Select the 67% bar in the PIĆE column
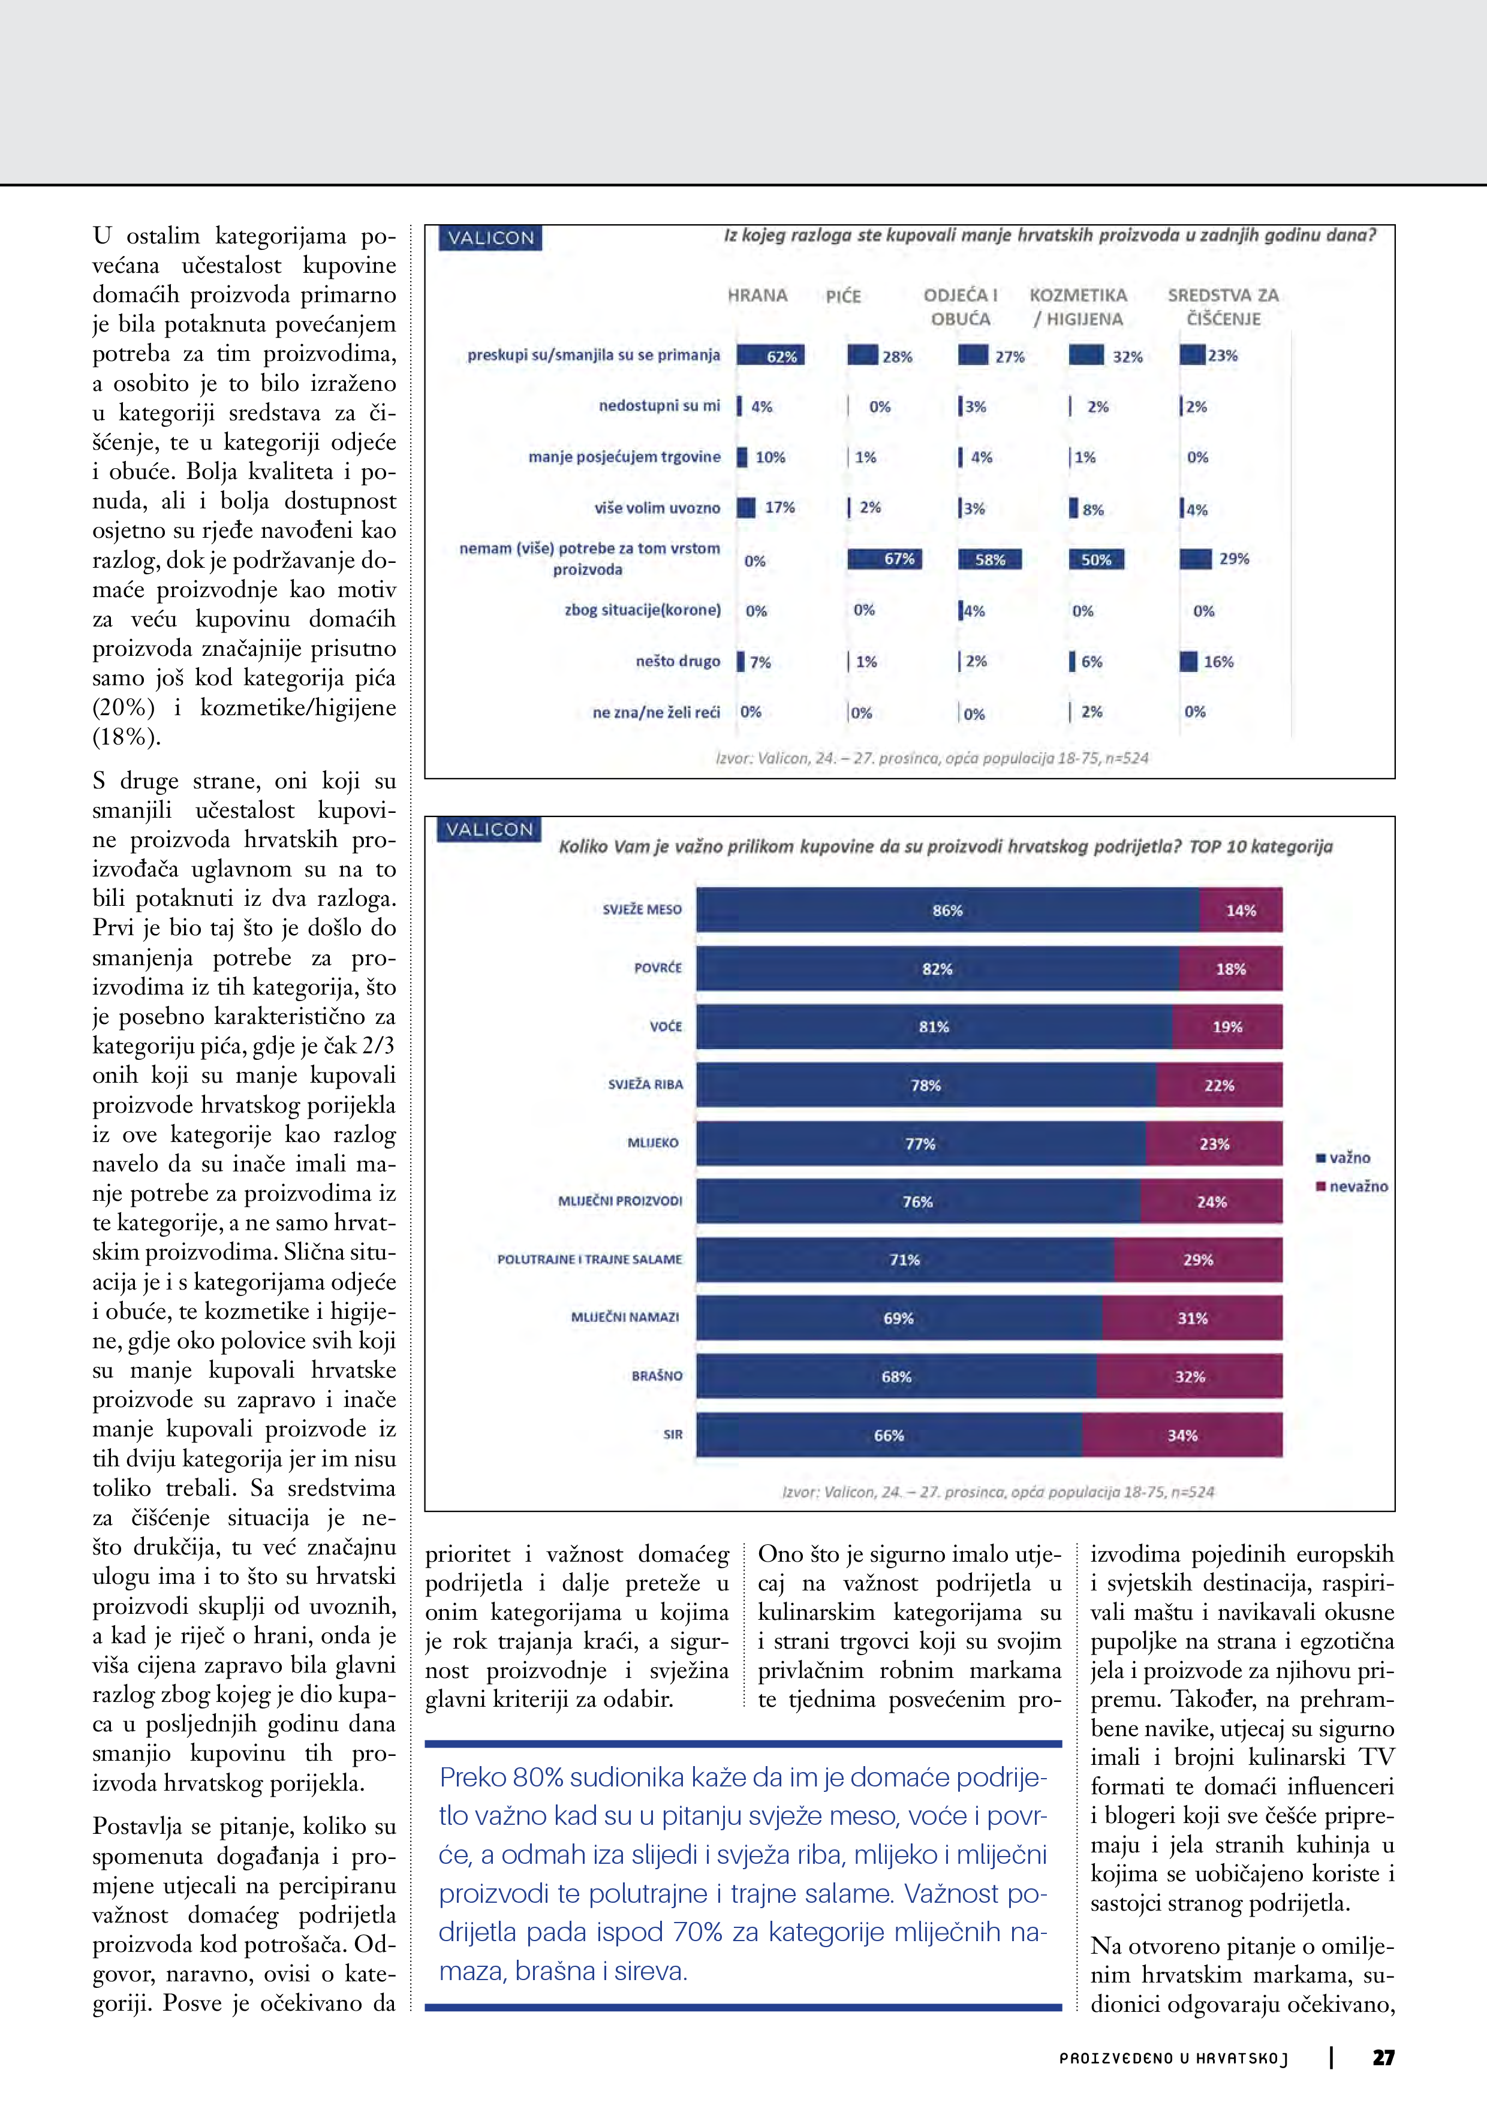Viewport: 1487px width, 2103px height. (885, 559)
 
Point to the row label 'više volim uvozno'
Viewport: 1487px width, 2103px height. (657, 507)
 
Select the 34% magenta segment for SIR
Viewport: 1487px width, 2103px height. (1182, 1435)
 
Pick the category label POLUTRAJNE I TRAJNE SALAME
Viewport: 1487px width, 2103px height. (589, 1260)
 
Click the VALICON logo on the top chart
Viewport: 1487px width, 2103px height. (490, 238)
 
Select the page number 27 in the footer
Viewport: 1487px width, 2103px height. (1383, 2057)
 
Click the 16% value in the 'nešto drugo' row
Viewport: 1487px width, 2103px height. (1218, 661)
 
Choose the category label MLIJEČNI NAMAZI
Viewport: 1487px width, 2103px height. (625, 1317)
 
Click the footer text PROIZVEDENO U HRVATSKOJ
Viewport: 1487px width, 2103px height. (1173, 2058)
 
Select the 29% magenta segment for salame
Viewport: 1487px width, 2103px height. (1197, 1260)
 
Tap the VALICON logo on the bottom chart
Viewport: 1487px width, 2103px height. (489, 830)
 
